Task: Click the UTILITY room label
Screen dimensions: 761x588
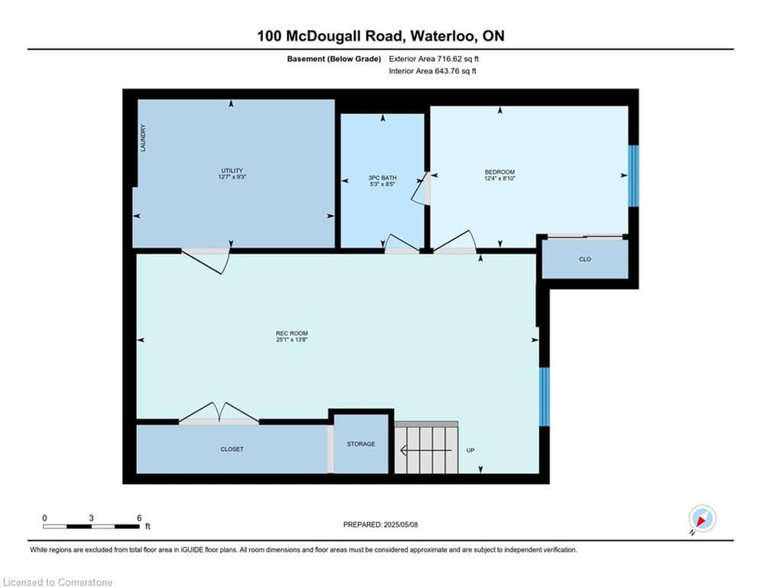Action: click(232, 171)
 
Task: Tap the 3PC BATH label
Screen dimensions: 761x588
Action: click(382, 178)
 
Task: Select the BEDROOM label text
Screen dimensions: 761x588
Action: click(499, 172)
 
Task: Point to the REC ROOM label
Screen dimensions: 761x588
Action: click(291, 333)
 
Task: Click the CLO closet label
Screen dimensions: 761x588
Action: click(585, 260)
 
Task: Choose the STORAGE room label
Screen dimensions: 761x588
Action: click(360, 444)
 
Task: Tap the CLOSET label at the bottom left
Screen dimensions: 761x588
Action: click(232, 449)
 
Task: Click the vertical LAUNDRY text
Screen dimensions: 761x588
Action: click(143, 138)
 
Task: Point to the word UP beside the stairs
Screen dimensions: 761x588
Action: click(470, 450)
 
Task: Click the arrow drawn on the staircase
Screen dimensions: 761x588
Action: click(426, 451)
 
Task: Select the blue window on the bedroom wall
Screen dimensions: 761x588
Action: click(633, 176)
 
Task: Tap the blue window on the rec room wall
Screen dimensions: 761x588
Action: click(545, 397)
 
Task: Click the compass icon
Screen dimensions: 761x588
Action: click(702, 518)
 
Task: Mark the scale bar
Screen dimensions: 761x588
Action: click(91, 526)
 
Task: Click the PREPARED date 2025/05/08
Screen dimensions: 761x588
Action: click(401, 524)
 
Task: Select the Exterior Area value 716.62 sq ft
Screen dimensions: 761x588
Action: click(457, 59)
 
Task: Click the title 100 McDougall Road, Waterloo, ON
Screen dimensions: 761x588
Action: click(381, 36)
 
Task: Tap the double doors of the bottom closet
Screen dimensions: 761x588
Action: click(220, 413)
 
